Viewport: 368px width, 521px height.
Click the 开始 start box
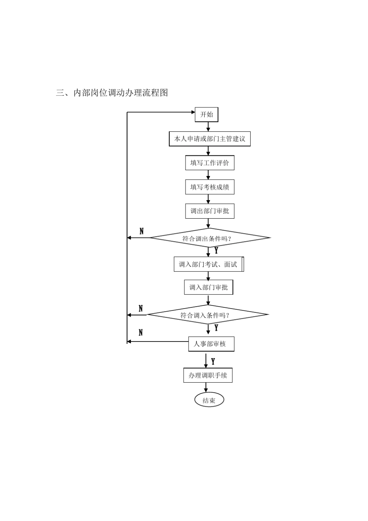click(206, 115)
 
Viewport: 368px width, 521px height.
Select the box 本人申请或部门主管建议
click(210, 139)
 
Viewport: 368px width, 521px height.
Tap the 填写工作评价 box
click(210, 163)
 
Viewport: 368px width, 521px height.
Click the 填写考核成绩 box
click(210, 187)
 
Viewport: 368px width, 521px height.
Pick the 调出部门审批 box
click(210, 211)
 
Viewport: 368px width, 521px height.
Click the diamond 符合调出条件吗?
click(210, 238)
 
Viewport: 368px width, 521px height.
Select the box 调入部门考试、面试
click(208, 264)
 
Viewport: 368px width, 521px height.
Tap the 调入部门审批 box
click(208, 288)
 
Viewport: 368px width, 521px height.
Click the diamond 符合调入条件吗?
click(208, 315)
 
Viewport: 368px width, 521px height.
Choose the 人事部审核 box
click(211, 344)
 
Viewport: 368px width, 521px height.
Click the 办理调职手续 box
click(208, 375)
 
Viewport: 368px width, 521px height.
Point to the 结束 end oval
click(209, 400)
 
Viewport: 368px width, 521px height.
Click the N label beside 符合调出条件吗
click(141, 231)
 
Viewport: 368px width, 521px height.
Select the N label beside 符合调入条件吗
click(141, 309)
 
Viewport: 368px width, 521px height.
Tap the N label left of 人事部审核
click(141, 333)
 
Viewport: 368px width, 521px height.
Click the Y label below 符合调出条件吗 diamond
click(216, 251)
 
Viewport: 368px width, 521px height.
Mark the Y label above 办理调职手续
click(213, 362)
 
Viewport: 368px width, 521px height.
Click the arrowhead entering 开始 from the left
click(193, 112)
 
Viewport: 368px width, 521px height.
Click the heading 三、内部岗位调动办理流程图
click(112, 93)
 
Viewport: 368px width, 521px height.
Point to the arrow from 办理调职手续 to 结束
click(206, 387)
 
